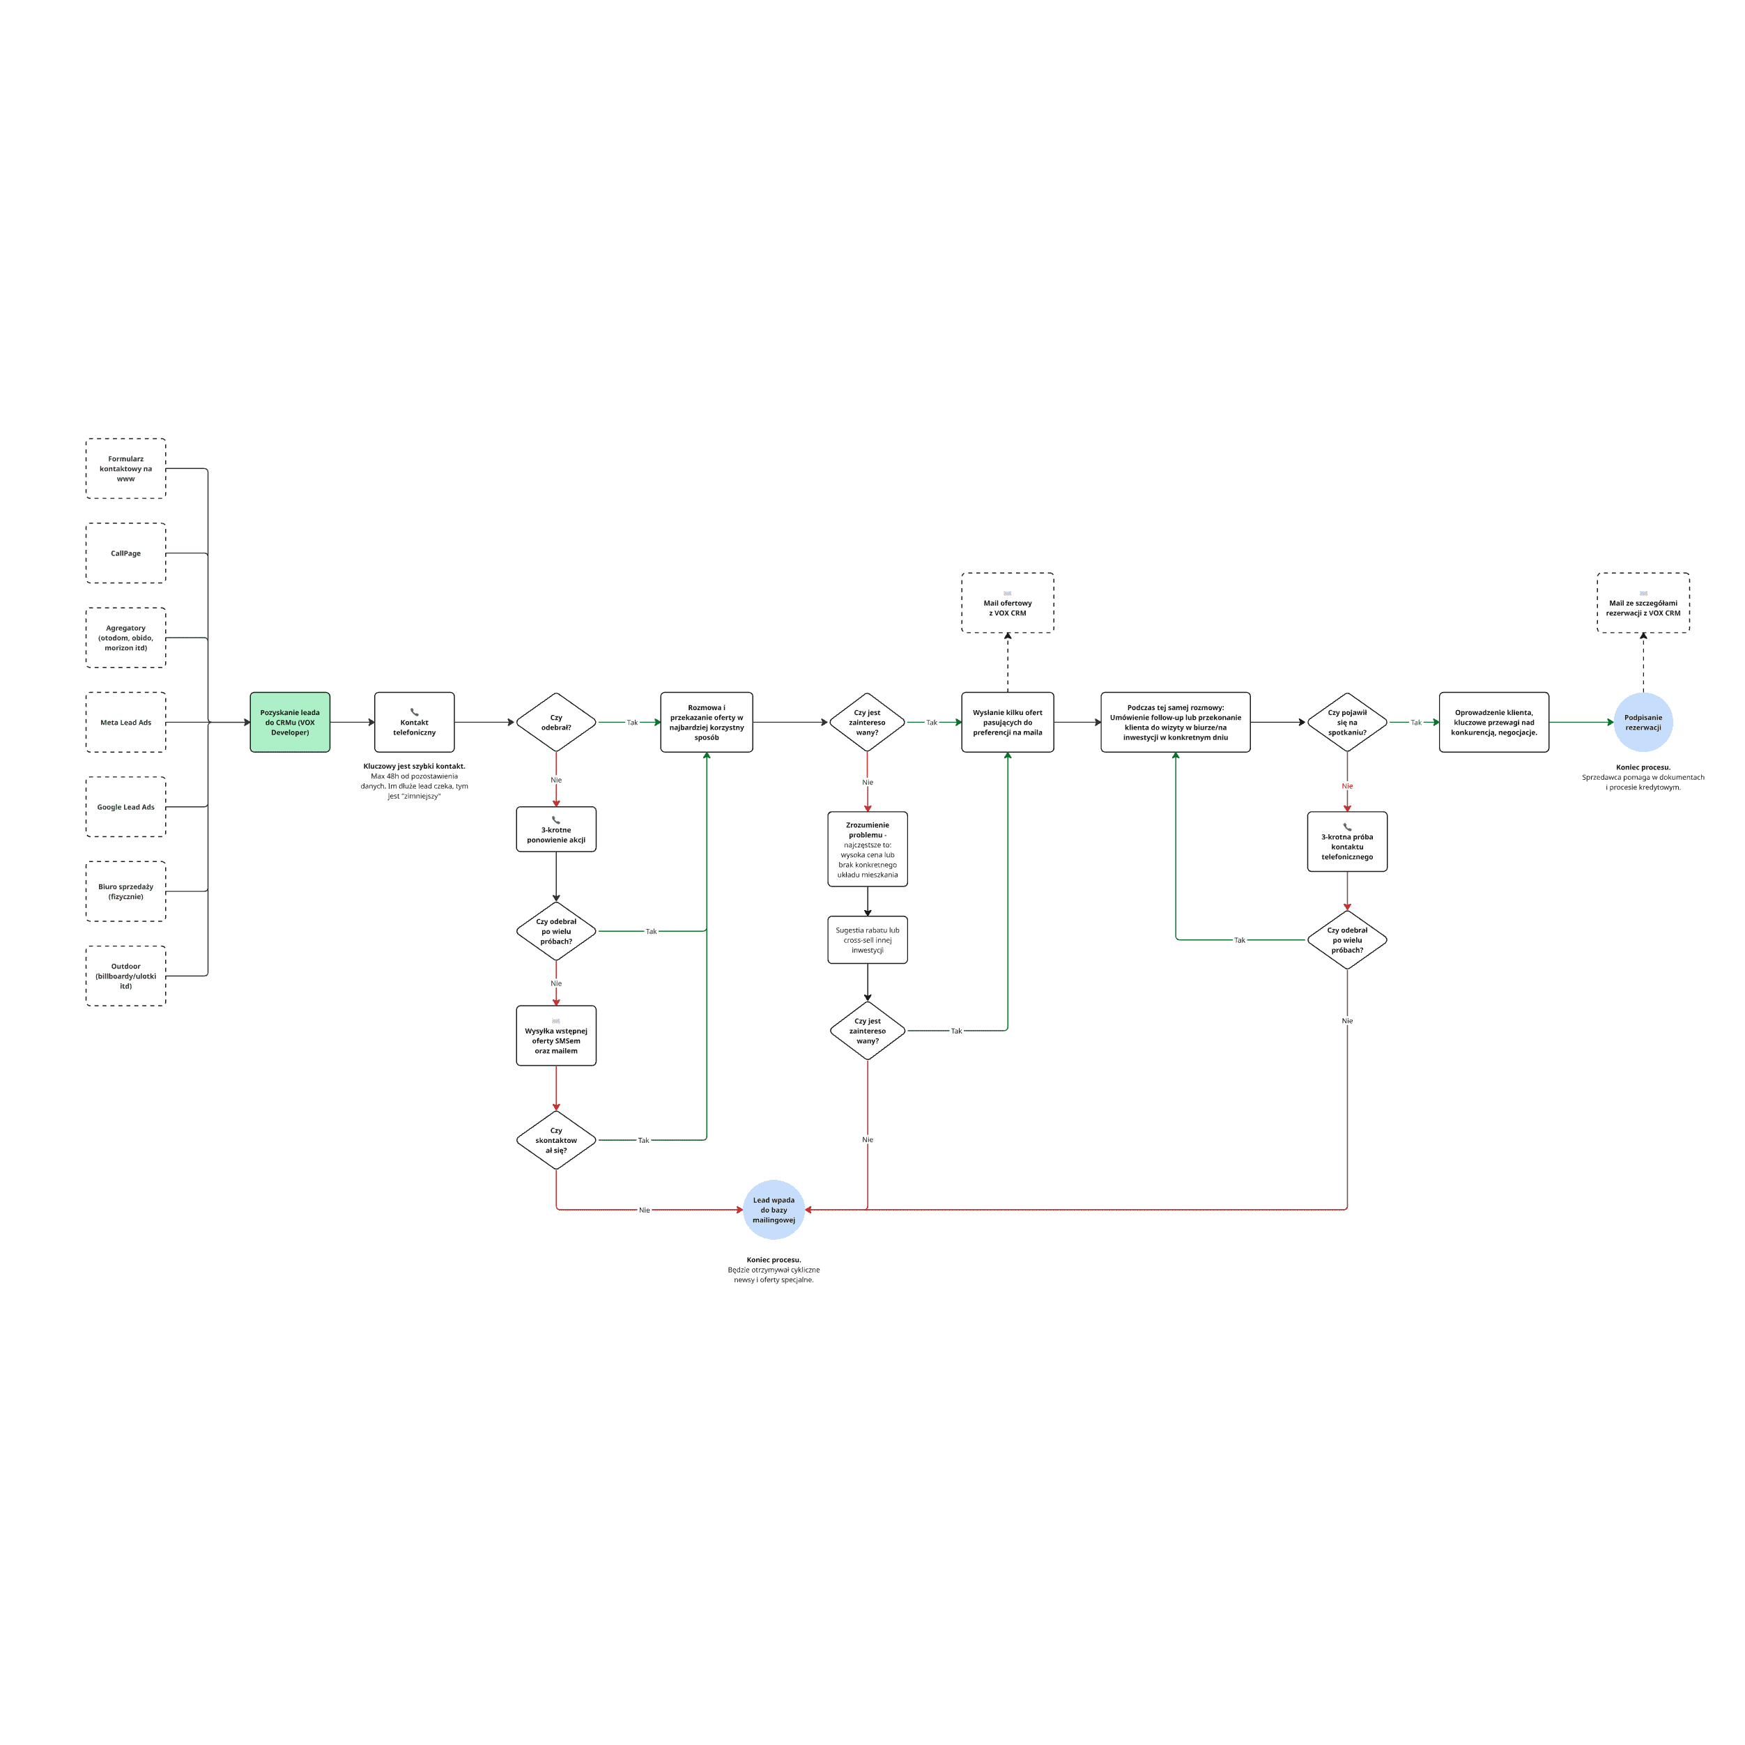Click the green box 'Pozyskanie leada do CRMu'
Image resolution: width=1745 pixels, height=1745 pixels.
[290, 722]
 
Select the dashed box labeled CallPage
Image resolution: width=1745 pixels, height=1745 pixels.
[125, 553]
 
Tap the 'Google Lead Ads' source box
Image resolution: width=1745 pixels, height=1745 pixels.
[125, 806]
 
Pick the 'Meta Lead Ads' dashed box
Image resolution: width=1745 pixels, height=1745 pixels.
[125, 722]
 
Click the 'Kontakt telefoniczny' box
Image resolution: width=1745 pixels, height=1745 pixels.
[415, 722]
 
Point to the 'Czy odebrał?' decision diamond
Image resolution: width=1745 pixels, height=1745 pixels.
[555, 722]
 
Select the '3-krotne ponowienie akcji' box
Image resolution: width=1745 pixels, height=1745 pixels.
[555, 829]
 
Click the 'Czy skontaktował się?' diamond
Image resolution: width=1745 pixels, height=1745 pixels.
[555, 1140]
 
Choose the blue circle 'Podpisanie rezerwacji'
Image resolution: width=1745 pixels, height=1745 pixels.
[1643, 722]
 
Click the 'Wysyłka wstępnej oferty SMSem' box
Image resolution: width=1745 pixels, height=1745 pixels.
[555, 1036]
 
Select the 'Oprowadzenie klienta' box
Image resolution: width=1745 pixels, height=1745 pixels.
[1494, 722]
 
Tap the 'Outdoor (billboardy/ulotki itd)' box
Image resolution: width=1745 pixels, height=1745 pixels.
[125, 976]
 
